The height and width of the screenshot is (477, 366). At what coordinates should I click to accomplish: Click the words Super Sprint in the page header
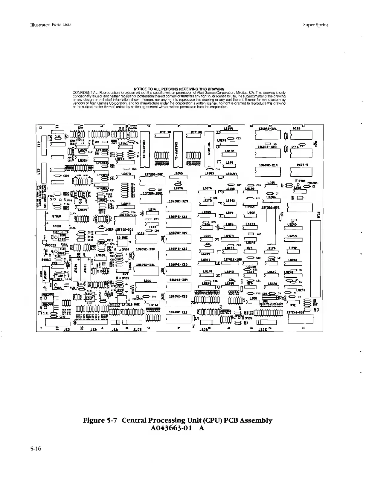[315, 25]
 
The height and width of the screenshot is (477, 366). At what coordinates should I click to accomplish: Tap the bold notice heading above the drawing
[179, 89]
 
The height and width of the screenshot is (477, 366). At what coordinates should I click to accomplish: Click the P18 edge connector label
[318, 215]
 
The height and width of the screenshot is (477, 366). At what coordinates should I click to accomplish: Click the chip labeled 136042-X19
[267, 165]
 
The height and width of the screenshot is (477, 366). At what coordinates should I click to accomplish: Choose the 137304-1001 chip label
[152, 193]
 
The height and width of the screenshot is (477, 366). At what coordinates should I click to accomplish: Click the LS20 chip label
[253, 298]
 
